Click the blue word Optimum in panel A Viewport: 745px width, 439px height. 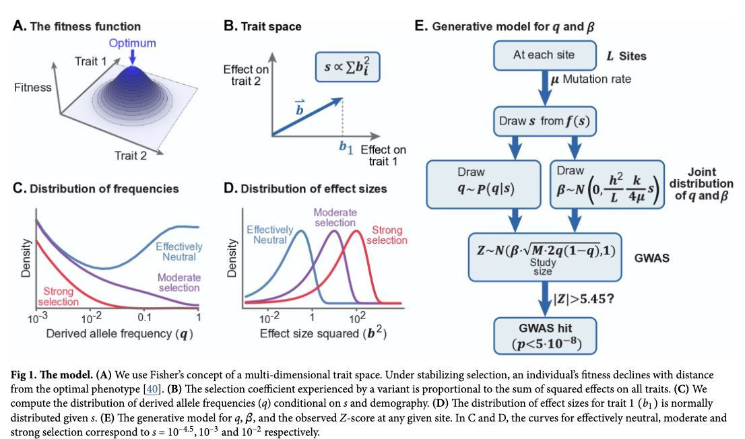click(x=132, y=43)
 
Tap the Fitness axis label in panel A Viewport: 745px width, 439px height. click(x=32, y=88)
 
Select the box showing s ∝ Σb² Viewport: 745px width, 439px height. click(x=348, y=67)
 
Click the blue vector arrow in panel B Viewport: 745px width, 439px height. click(x=307, y=117)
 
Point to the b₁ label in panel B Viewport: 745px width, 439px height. click(x=346, y=147)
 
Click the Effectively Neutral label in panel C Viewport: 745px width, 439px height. click(x=179, y=252)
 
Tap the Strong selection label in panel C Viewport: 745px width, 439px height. click(x=59, y=296)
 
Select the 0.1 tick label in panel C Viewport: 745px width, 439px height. click(x=144, y=318)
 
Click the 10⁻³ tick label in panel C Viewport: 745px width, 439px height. click(x=38, y=318)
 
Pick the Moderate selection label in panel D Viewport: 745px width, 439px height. click(x=335, y=217)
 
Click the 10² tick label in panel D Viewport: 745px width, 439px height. click(x=357, y=318)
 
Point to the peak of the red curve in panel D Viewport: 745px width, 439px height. click(x=356, y=232)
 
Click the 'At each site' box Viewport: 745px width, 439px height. click(x=544, y=55)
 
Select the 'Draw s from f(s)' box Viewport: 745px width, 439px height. click(x=544, y=121)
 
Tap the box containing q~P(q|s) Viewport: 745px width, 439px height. click(x=484, y=184)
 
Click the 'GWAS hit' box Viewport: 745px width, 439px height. click(x=544, y=336)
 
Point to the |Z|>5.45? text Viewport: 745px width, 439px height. click(x=584, y=299)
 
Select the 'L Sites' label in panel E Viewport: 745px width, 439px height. click(x=626, y=56)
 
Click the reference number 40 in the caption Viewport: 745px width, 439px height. click(x=152, y=389)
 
